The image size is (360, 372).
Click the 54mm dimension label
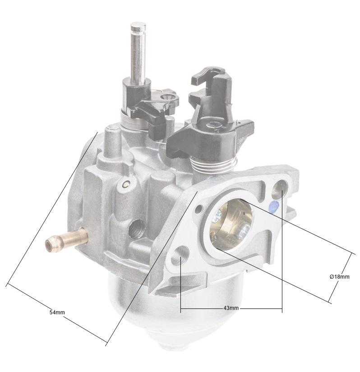tap(57, 312)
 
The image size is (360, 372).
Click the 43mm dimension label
tap(231, 308)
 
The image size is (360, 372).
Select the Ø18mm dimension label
tap(339, 276)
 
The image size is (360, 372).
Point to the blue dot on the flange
tap(272, 206)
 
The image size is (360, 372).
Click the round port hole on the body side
tap(134, 229)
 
